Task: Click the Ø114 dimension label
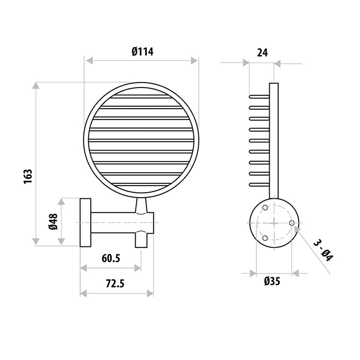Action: tap(142, 52)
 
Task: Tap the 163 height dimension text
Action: tap(28, 176)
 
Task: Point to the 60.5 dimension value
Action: tap(111, 259)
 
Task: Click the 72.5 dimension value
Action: tap(114, 283)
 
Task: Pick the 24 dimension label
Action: tap(263, 53)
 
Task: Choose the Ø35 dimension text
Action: tap(272, 281)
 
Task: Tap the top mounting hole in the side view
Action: tap(265, 208)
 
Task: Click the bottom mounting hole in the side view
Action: tap(265, 238)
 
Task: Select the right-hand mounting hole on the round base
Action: tap(291, 223)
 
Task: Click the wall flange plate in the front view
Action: tap(86, 222)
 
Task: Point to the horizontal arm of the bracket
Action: tap(114, 222)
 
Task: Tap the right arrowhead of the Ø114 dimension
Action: tap(194, 60)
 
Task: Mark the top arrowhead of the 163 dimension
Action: tap(37, 86)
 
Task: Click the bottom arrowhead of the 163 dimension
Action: tap(37, 241)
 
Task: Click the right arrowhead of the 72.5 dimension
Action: tap(151, 292)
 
